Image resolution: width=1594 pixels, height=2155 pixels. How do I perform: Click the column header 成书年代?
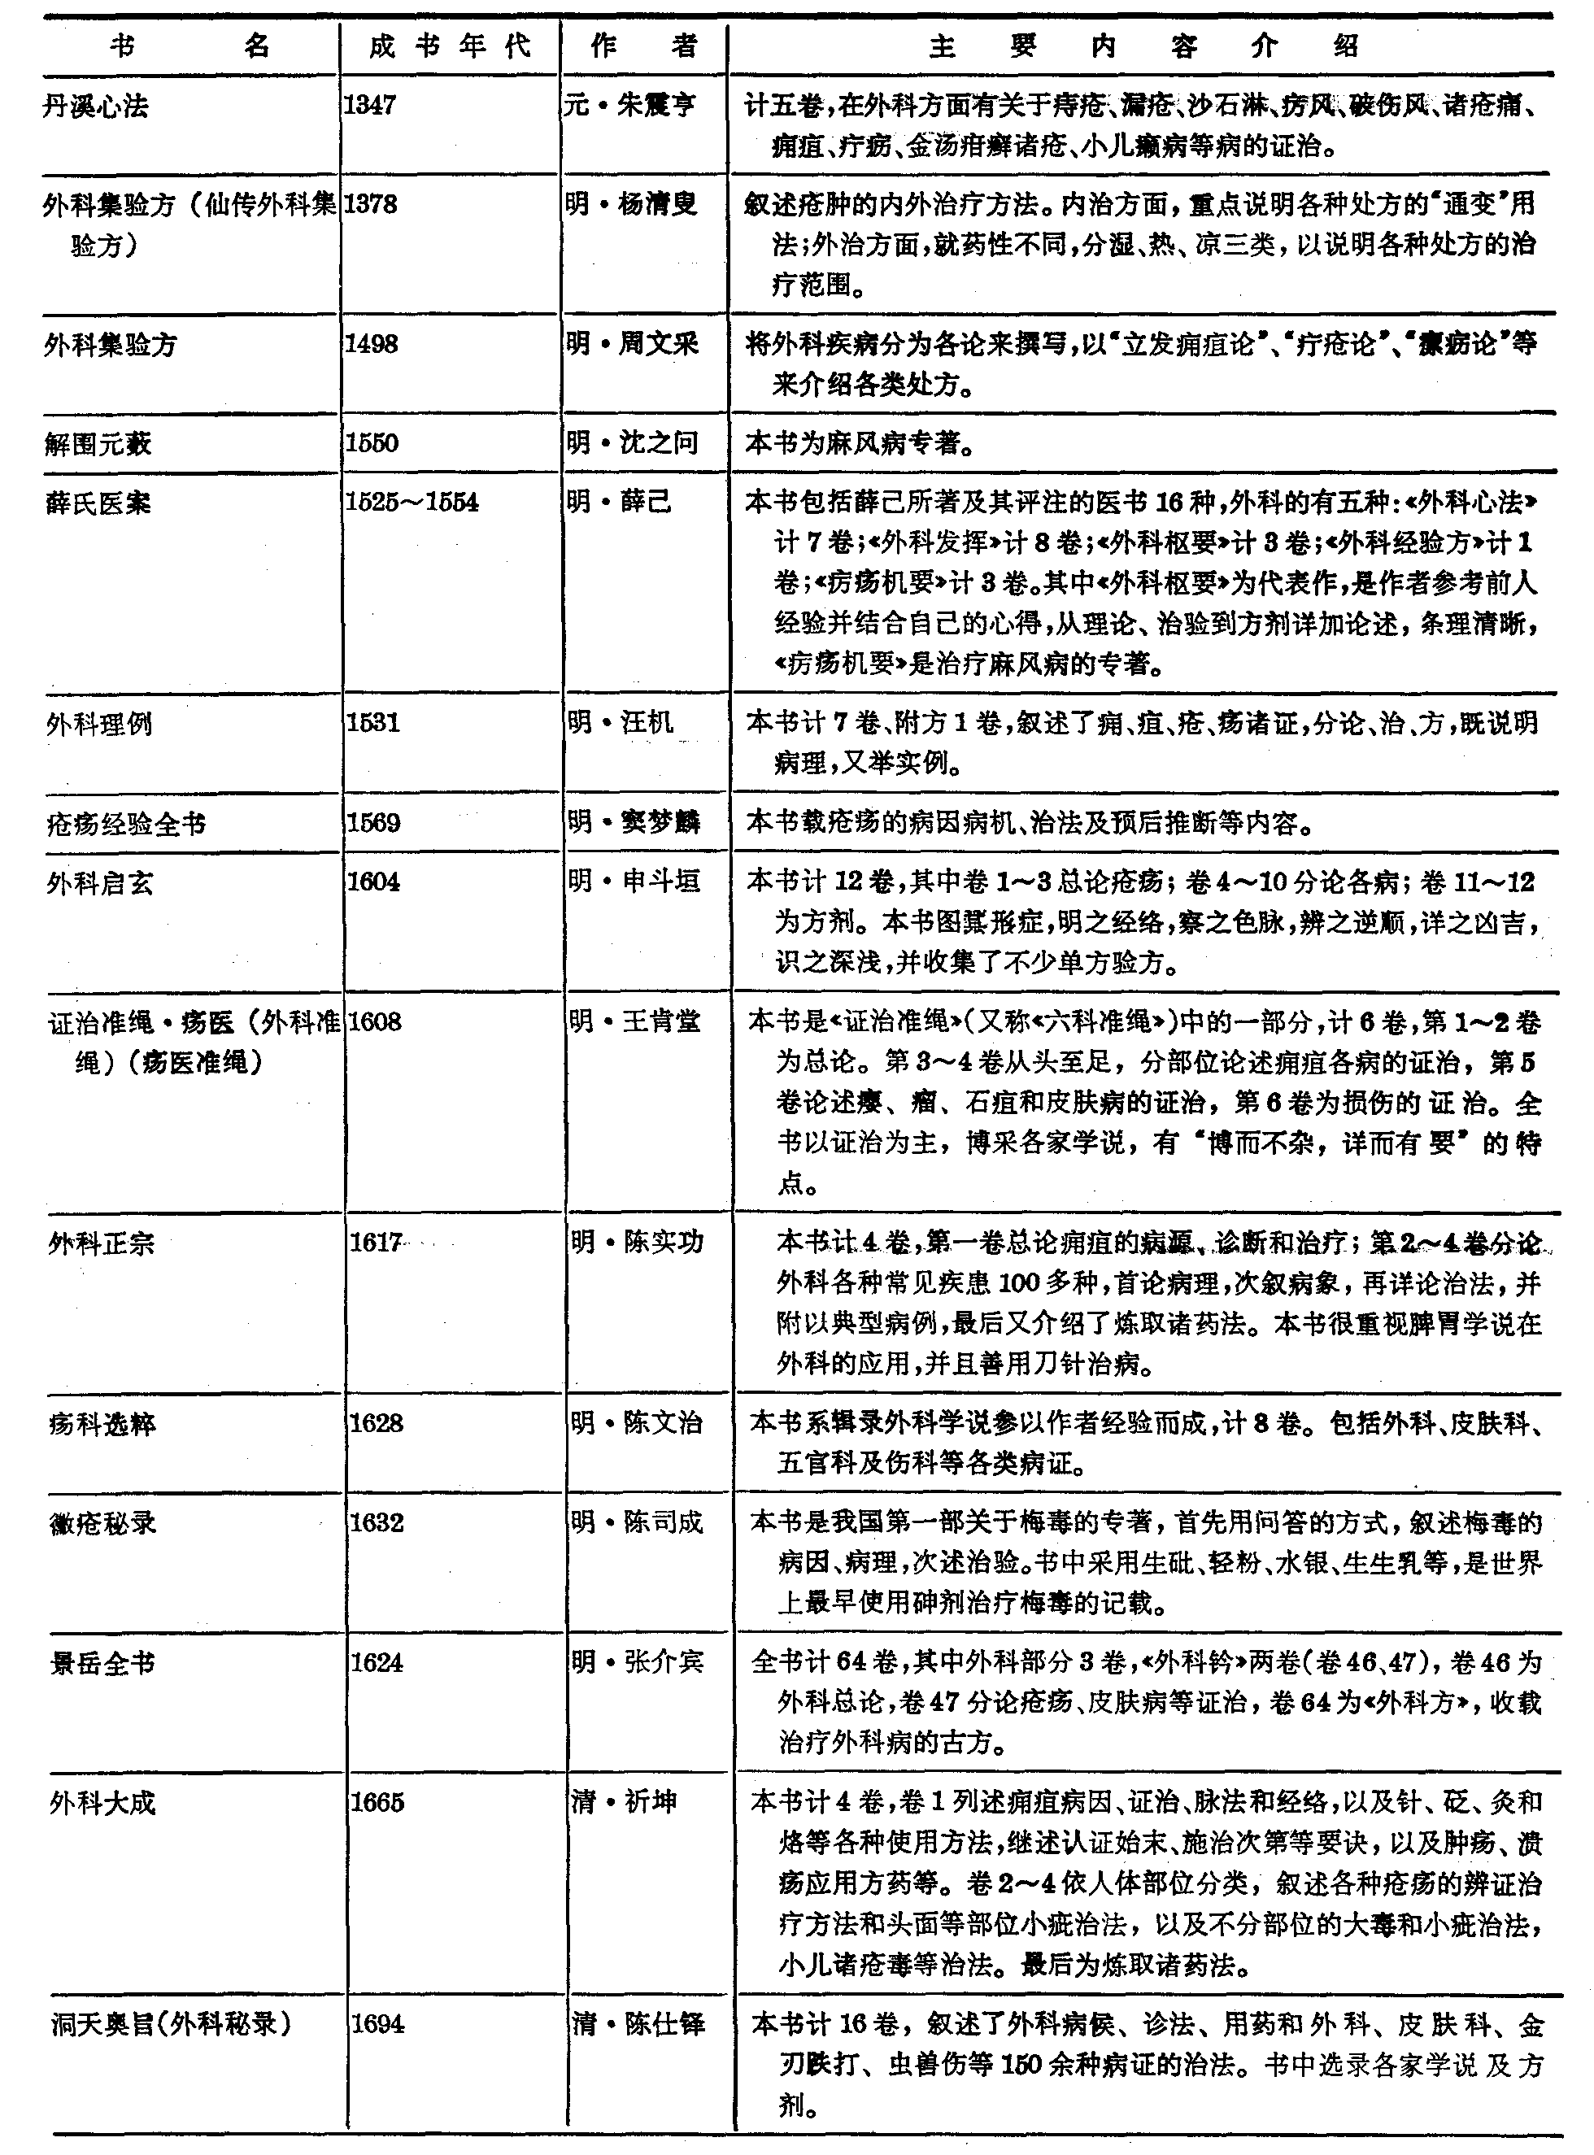[x=450, y=46]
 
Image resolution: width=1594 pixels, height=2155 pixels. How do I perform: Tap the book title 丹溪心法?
[x=95, y=106]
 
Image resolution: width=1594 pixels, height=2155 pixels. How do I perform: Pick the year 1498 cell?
[x=372, y=343]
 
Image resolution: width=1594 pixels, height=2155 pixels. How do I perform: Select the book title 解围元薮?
[x=98, y=444]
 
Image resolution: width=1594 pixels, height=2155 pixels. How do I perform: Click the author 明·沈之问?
[x=632, y=442]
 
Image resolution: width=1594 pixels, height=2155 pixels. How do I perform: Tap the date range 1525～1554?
[x=412, y=502]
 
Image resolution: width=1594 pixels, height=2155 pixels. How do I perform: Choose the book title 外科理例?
[x=99, y=724]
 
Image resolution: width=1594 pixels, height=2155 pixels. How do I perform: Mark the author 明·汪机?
[x=621, y=721]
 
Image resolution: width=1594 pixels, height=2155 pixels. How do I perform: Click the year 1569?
[x=373, y=822]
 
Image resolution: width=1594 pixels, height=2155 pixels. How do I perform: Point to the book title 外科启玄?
[x=99, y=882]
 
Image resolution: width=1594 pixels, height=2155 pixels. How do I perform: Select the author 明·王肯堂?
[x=634, y=1021]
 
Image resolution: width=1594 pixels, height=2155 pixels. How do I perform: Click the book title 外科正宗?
[x=102, y=1243]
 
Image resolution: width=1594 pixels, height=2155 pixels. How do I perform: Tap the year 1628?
[x=377, y=1423]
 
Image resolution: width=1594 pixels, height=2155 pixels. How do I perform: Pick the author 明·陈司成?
[x=637, y=1522]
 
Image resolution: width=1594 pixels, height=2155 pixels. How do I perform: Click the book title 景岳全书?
[x=102, y=1663]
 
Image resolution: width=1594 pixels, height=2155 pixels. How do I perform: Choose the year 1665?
[x=377, y=1802]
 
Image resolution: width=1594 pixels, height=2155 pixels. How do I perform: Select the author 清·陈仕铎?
[x=638, y=2022]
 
